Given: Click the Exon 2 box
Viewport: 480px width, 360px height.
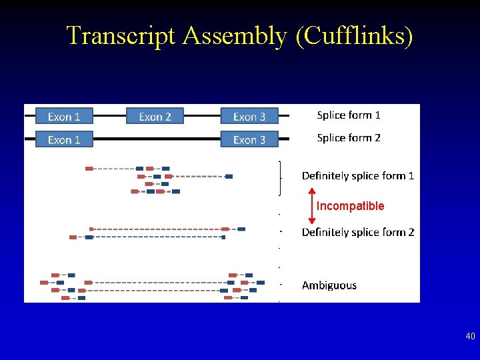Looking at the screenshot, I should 155,117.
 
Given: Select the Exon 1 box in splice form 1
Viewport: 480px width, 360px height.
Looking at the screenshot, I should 64,117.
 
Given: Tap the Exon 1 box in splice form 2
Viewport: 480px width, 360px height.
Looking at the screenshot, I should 64,140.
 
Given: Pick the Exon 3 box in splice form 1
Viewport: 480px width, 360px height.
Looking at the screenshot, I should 249,117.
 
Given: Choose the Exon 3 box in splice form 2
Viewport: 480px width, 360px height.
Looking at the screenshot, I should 249,140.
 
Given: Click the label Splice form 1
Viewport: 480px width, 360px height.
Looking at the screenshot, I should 349,115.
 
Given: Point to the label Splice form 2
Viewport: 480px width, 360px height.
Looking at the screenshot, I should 349,138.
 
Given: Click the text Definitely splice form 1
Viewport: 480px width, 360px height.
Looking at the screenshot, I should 358,176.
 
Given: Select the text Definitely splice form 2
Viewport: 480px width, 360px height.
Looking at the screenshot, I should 358,233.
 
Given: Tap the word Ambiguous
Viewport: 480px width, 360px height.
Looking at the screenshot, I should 329,285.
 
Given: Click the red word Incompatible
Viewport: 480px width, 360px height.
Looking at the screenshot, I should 351,206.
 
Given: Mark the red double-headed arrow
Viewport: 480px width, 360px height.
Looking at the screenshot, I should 311,205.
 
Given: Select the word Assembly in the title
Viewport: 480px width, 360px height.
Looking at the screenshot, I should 233,35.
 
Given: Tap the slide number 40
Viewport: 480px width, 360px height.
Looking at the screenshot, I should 470,337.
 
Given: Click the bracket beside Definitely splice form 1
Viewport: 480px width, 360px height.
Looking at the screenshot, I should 279,177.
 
